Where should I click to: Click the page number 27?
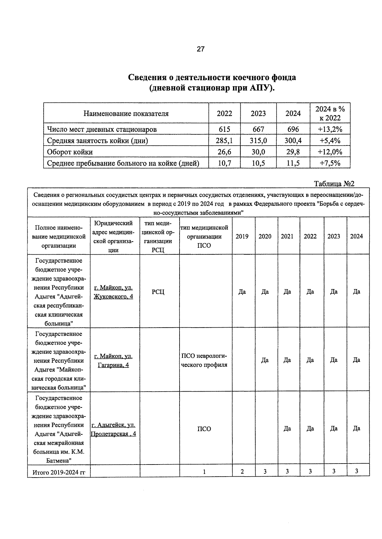[201, 49]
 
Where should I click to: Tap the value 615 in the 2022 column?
[224, 129]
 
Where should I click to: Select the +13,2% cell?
[330, 129]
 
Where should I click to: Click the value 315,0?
[258, 141]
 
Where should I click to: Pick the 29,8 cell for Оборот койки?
[293, 152]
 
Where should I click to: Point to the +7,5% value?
[330, 163]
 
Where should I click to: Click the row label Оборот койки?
[70, 152]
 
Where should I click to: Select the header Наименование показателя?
[126, 114]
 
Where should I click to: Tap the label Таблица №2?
[334, 184]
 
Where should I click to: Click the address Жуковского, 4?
[113, 297]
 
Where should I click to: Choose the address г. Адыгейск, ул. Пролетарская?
[113, 429]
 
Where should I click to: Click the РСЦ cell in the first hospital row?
[158, 292]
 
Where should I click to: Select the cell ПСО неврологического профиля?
[204, 360]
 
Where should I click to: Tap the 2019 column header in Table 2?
[242, 236]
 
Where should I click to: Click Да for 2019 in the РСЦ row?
[242, 292]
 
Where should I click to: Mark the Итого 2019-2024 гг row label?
[59, 472]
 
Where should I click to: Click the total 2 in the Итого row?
[242, 472]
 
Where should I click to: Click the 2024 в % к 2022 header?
[330, 114]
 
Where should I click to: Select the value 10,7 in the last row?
[224, 163]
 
